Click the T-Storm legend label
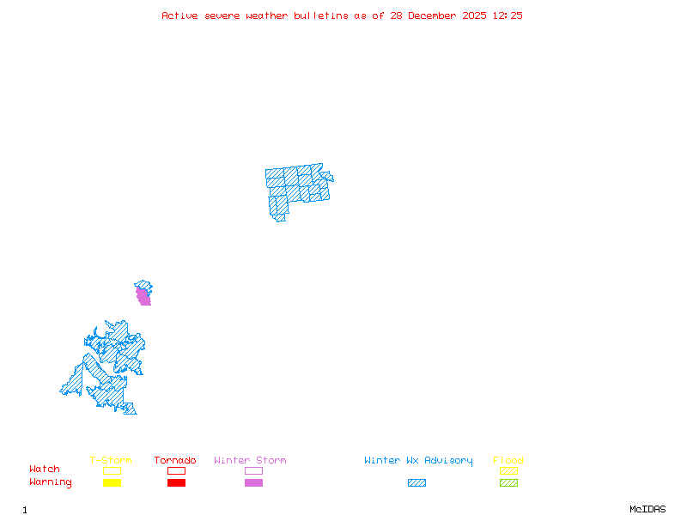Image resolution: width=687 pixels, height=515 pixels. (x=111, y=460)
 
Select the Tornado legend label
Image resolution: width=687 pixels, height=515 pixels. (x=175, y=460)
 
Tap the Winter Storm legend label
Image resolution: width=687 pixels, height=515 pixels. (x=250, y=460)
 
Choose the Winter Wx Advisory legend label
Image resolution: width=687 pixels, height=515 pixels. (x=418, y=460)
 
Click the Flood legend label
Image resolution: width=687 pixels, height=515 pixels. (x=508, y=460)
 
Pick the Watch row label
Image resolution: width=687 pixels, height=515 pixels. (x=45, y=470)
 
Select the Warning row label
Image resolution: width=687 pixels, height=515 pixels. (x=51, y=482)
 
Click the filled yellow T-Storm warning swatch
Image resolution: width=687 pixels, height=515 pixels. (x=112, y=482)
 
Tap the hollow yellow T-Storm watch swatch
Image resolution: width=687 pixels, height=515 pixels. (x=112, y=470)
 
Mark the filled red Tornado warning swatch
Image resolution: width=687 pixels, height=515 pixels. (x=176, y=482)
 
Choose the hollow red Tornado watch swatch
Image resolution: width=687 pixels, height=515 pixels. (x=176, y=470)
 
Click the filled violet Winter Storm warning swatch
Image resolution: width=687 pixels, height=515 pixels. (x=253, y=482)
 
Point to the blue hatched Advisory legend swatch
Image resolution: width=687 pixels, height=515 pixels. (x=416, y=482)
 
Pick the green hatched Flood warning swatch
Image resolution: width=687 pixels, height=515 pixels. (x=508, y=482)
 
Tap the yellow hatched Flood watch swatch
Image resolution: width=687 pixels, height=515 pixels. (x=508, y=470)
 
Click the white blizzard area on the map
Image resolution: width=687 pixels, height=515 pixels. (x=325, y=166)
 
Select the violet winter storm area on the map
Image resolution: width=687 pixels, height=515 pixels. (x=143, y=296)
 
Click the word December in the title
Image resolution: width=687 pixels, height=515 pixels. (x=436, y=15)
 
